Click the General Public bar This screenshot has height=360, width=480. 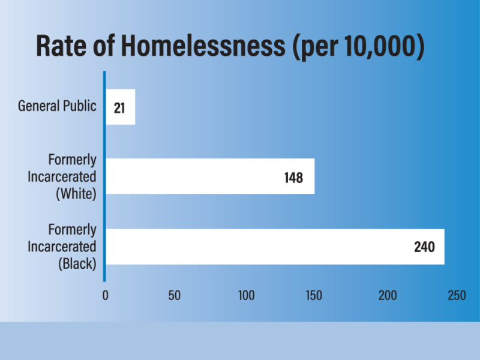pyautogui.click(x=120, y=107)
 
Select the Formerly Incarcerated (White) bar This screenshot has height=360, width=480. pyautogui.click(x=210, y=176)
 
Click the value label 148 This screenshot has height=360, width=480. pyautogui.click(x=293, y=178)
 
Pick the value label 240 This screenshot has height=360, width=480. pyautogui.click(x=424, y=247)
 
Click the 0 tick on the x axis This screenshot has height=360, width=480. pyautogui.click(x=106, y=295)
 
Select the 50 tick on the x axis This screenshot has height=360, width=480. pyautogui.click(x=175, y=295)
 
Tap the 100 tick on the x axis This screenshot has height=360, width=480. pyautogui.click(x=246, y=295)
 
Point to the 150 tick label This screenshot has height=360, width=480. pyautogui.click(x=314, y=295)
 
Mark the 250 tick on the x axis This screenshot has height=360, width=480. pyautogui.click(x=457, y=295)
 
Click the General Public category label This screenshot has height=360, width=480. pyautogui.click(x=57, y=106)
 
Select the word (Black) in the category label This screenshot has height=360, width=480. pyautogui.click(x=76, y=263)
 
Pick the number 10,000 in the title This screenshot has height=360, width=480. pyautogui.click(x=379, y=47)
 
